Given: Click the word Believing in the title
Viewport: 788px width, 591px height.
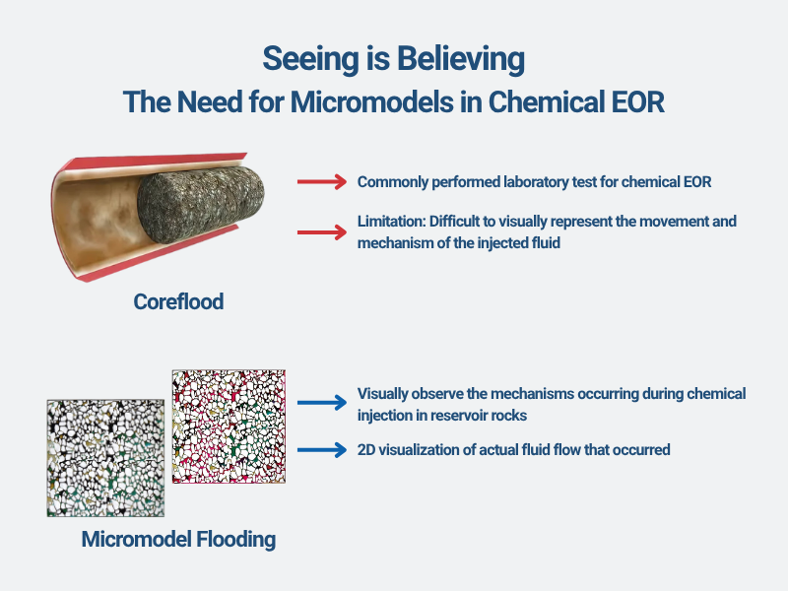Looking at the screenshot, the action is pos(461,59).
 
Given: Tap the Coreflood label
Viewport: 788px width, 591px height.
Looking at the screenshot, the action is pos(178,301).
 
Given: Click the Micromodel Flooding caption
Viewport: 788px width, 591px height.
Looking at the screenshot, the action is pos(178,539).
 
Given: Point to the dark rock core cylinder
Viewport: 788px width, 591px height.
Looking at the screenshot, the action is pos(201,205).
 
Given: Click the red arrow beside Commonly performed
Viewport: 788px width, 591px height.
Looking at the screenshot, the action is pos(322,181).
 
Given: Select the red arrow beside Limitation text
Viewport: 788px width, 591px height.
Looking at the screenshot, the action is pos(322,232).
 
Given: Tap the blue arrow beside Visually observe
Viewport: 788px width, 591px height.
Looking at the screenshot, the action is pos(322,403).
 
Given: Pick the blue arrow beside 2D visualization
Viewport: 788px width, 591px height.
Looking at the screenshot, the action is pos(322,450).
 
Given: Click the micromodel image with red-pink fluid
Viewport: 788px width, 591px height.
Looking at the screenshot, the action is pos(229,427).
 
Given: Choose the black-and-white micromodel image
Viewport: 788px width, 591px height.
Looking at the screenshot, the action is pos(105,458).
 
